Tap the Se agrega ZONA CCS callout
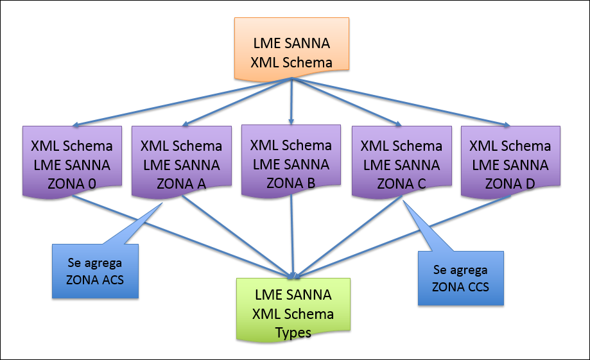click(461, 277)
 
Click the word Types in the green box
click(293, 332)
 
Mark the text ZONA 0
click(72, 184)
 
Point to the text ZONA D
click(510, 184)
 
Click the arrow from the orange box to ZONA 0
click(184, 102)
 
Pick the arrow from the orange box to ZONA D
click(401, 102)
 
